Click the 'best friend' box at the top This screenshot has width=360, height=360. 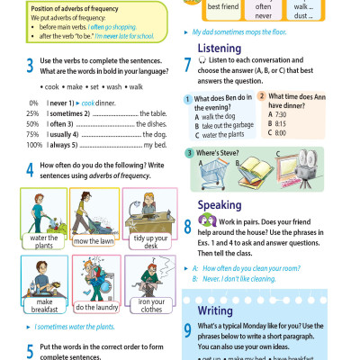222,6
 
